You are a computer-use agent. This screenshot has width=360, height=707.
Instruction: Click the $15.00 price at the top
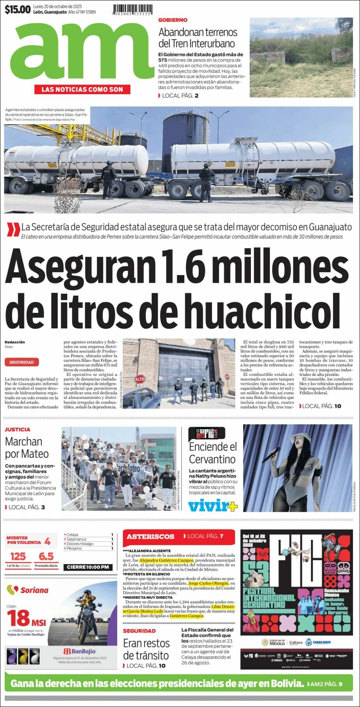point(18,10)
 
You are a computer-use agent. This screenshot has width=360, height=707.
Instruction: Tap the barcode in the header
point(132,9)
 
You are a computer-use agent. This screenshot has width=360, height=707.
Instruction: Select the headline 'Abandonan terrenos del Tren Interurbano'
point(198,38)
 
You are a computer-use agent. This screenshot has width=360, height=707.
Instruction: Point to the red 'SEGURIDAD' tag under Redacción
point(22,362)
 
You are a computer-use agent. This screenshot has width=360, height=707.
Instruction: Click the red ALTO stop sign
point(139,379)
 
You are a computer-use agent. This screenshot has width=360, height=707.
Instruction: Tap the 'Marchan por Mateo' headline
point(27,448)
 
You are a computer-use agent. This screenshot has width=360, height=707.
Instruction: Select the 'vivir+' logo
point(213,506)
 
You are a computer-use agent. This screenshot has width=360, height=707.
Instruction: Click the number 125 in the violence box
point(18,556)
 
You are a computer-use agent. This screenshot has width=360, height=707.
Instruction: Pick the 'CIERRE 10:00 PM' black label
point(88,567)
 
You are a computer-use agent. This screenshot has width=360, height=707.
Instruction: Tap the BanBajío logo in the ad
point(79,651)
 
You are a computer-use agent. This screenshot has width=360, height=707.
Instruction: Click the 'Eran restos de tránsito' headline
point(146,649)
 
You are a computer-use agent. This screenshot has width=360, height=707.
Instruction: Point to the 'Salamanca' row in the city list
point(76,539)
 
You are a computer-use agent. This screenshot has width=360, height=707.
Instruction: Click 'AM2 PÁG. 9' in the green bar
point(326,684)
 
